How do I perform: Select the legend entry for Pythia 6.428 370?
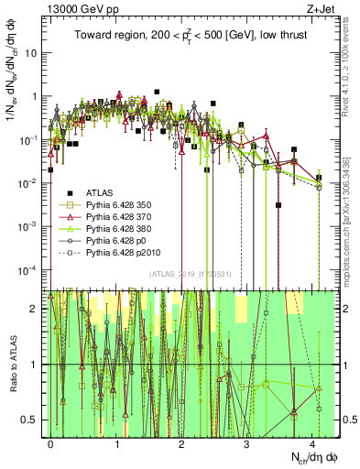coord(107,220)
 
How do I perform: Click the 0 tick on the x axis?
coord(51,442)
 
